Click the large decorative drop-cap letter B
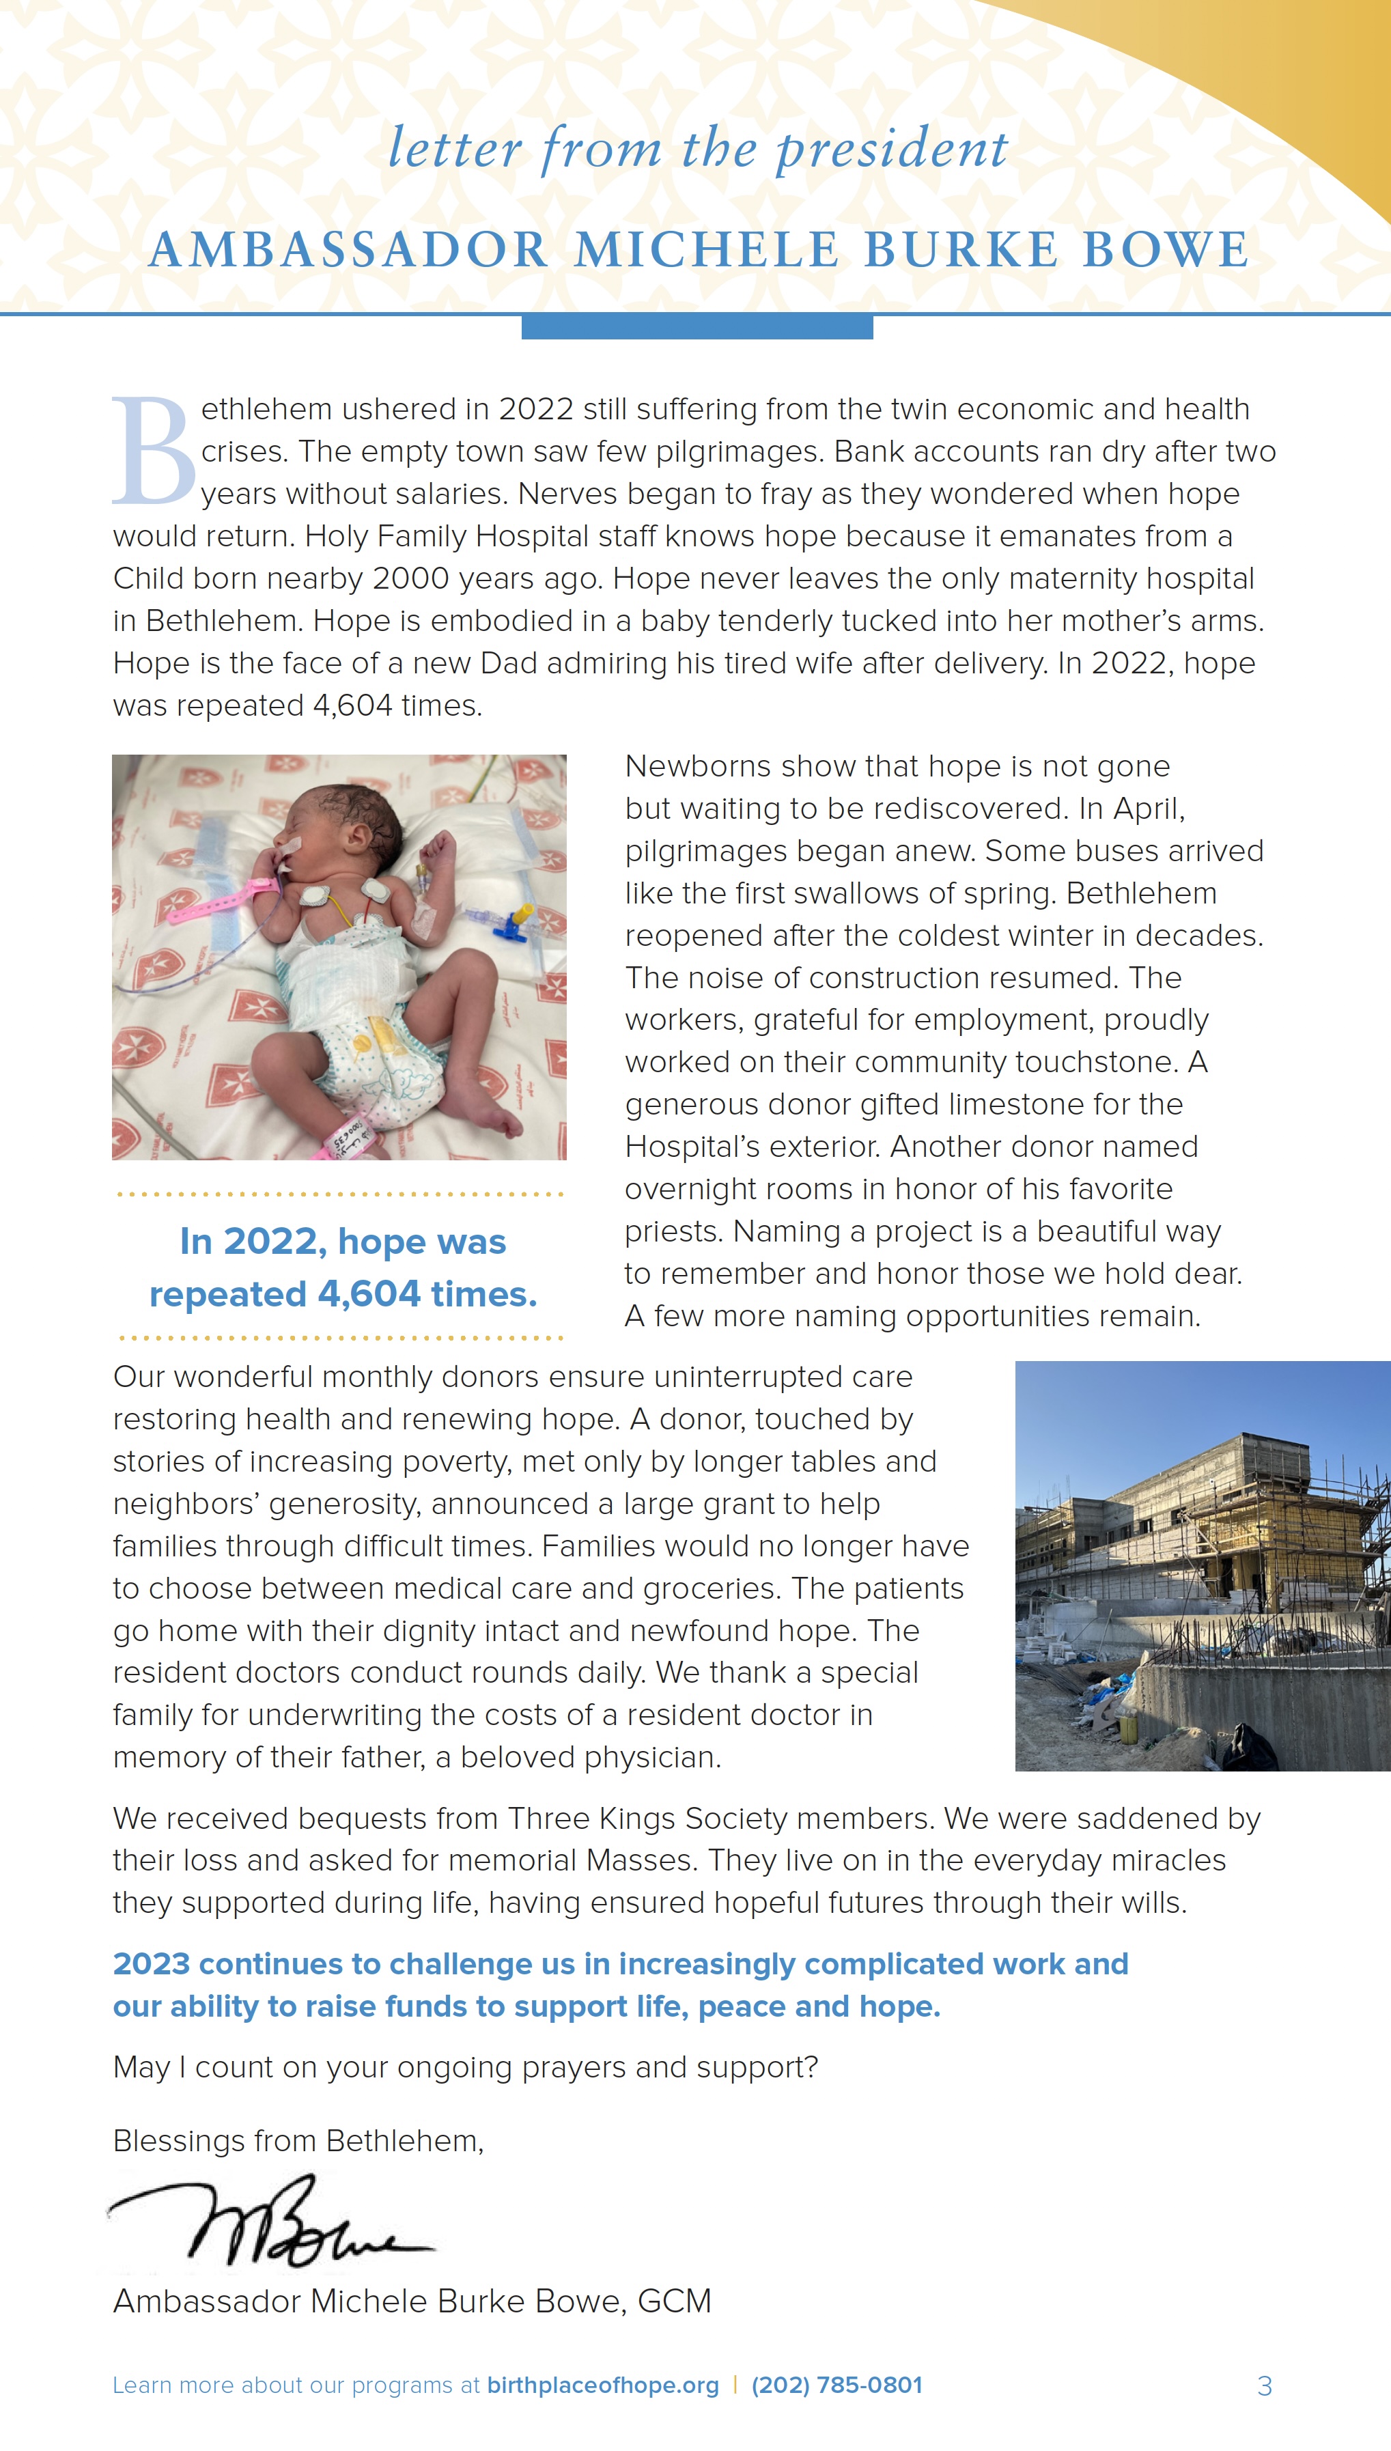[x=153, y=450]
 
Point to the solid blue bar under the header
[x=697, y=328]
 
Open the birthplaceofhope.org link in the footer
[x=603, y=2385]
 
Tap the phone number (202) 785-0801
[x=837, y=2385]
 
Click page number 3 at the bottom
[x=1264, y=2386]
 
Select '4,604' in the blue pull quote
[x=369, y=1294]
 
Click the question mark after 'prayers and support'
[x=811, y=2067]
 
